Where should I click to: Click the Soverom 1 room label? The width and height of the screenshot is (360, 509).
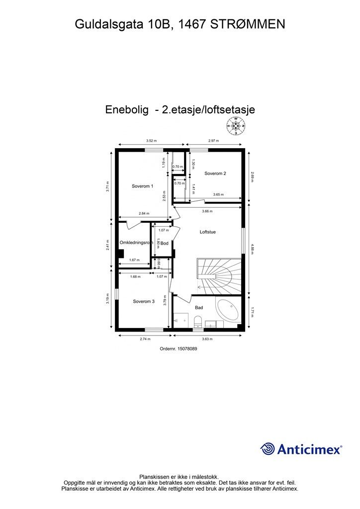point(142,186)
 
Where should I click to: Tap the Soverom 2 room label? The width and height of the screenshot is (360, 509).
point(215,173)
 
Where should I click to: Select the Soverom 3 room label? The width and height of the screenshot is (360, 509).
point(143,301)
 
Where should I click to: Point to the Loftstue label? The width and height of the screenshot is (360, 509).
point(207,232)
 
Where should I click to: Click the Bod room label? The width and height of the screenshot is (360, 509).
point(165,243)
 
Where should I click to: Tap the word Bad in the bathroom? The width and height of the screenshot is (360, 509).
point(199,308)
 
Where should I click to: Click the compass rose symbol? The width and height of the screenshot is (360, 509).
point(237,127)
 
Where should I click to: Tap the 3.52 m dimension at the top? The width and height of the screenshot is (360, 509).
point(151,141)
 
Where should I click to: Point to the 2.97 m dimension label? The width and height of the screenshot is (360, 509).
point(214,141)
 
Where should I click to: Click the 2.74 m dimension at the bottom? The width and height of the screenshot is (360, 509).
point(145,339)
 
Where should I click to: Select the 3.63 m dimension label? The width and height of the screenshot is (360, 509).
point(207,339)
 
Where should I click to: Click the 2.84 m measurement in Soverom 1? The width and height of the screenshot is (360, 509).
point(143,214)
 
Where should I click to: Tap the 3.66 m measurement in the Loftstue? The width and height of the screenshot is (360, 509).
point(207,211)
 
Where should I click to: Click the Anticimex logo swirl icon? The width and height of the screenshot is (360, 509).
point(268,449)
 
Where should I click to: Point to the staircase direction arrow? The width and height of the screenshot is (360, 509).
point(200,287)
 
